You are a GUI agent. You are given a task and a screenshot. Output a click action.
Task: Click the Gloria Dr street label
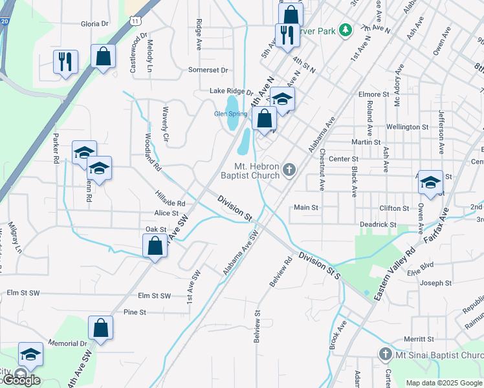click(94, 24)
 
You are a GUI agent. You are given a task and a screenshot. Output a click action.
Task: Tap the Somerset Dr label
click(208, 70)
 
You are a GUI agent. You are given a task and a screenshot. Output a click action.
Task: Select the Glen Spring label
click(230, 114)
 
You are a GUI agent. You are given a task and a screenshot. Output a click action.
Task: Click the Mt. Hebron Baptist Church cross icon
click(289, 170)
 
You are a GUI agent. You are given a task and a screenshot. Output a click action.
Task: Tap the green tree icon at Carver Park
click(346, 29)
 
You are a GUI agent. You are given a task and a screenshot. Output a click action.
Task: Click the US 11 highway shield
click(135, 21)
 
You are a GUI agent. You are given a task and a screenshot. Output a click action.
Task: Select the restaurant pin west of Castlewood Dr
click(65, 61)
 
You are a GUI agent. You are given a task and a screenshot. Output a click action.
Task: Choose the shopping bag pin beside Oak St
click(155, 246)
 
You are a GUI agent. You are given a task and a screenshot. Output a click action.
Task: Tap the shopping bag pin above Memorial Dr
click(101, 328)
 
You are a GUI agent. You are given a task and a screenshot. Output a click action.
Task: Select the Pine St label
click(135, 312)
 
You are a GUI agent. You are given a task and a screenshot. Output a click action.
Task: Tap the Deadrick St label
click(378, 224)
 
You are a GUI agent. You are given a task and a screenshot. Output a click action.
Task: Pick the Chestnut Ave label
click(322, 169)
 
